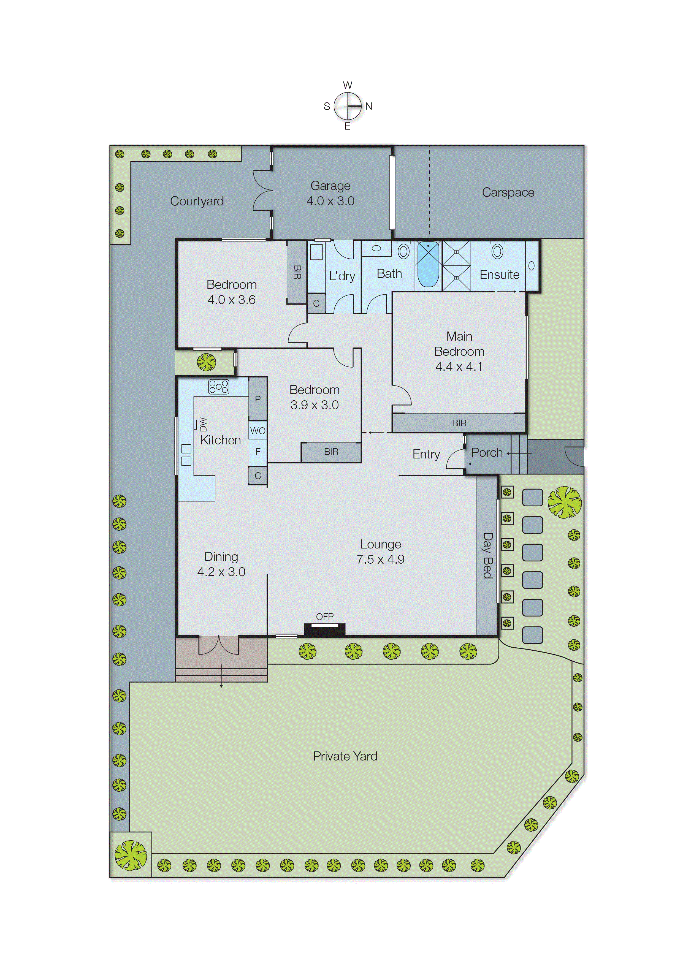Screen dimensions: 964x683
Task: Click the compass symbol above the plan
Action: (347, 106)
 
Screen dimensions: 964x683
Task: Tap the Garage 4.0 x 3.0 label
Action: (330, 193)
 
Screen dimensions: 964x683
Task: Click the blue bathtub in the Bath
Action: (428, 265)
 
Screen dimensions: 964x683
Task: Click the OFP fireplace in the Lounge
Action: (325, 629)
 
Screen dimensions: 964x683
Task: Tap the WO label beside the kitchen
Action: (258, 430)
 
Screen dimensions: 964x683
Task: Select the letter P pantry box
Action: (258, 399)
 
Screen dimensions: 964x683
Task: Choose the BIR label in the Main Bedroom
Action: (459, 423)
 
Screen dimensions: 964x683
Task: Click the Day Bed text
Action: (487, 555)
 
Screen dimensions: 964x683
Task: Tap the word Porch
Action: (487, 452)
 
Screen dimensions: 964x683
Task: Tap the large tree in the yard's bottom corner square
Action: (131, 855)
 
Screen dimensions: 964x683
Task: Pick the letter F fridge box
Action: (258, 452)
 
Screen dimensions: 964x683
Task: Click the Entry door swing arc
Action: (454, 459)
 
